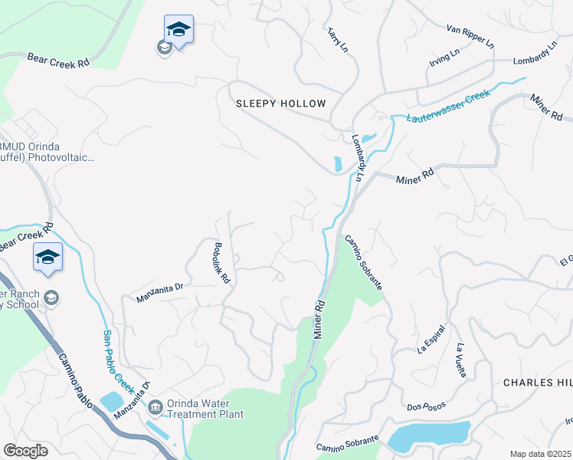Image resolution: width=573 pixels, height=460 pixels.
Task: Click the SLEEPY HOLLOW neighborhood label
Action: point(280,103)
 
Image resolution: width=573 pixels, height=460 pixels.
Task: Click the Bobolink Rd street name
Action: point(221,263)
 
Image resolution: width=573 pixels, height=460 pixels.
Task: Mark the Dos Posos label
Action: point(426,408)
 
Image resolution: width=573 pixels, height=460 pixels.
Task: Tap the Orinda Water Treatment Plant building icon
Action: point(156,406)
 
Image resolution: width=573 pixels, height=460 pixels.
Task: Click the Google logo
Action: point(25,451)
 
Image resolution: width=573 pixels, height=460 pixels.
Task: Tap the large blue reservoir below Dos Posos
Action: point(429,436)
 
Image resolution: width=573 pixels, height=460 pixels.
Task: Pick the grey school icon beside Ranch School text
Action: point(51,297)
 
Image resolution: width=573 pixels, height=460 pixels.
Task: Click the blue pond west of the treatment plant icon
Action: point(111,401)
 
